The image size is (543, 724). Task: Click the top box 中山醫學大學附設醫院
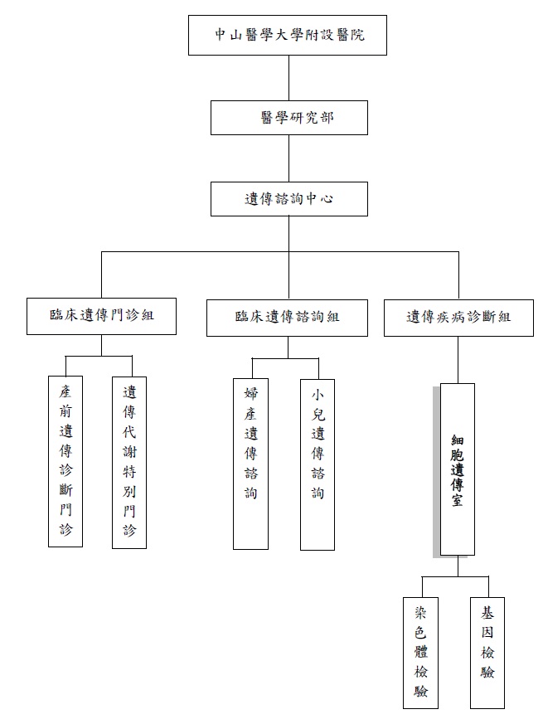click(287, 35)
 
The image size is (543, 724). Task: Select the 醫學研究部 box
click(288, 118)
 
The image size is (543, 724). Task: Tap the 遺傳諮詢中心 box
click(288, 199)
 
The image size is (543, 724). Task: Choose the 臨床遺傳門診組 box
click(101, 316)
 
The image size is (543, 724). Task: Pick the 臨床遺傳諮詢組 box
click(287, 317)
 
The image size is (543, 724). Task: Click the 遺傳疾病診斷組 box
click(458, 317)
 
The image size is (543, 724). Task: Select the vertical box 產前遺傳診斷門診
click(65, 460)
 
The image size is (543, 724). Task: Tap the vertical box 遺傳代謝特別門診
click(129, 460)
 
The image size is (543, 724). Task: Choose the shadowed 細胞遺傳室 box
click(457, 469)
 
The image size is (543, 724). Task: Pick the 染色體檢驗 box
click(420, 653)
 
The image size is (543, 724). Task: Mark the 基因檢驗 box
click(487, 653)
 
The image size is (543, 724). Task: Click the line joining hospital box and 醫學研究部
click(288, 78)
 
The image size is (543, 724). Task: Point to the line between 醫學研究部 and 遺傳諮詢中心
click(288, 158)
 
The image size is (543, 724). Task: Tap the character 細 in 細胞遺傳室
click(457, 439)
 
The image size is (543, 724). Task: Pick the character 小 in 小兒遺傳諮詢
click(318, 394)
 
